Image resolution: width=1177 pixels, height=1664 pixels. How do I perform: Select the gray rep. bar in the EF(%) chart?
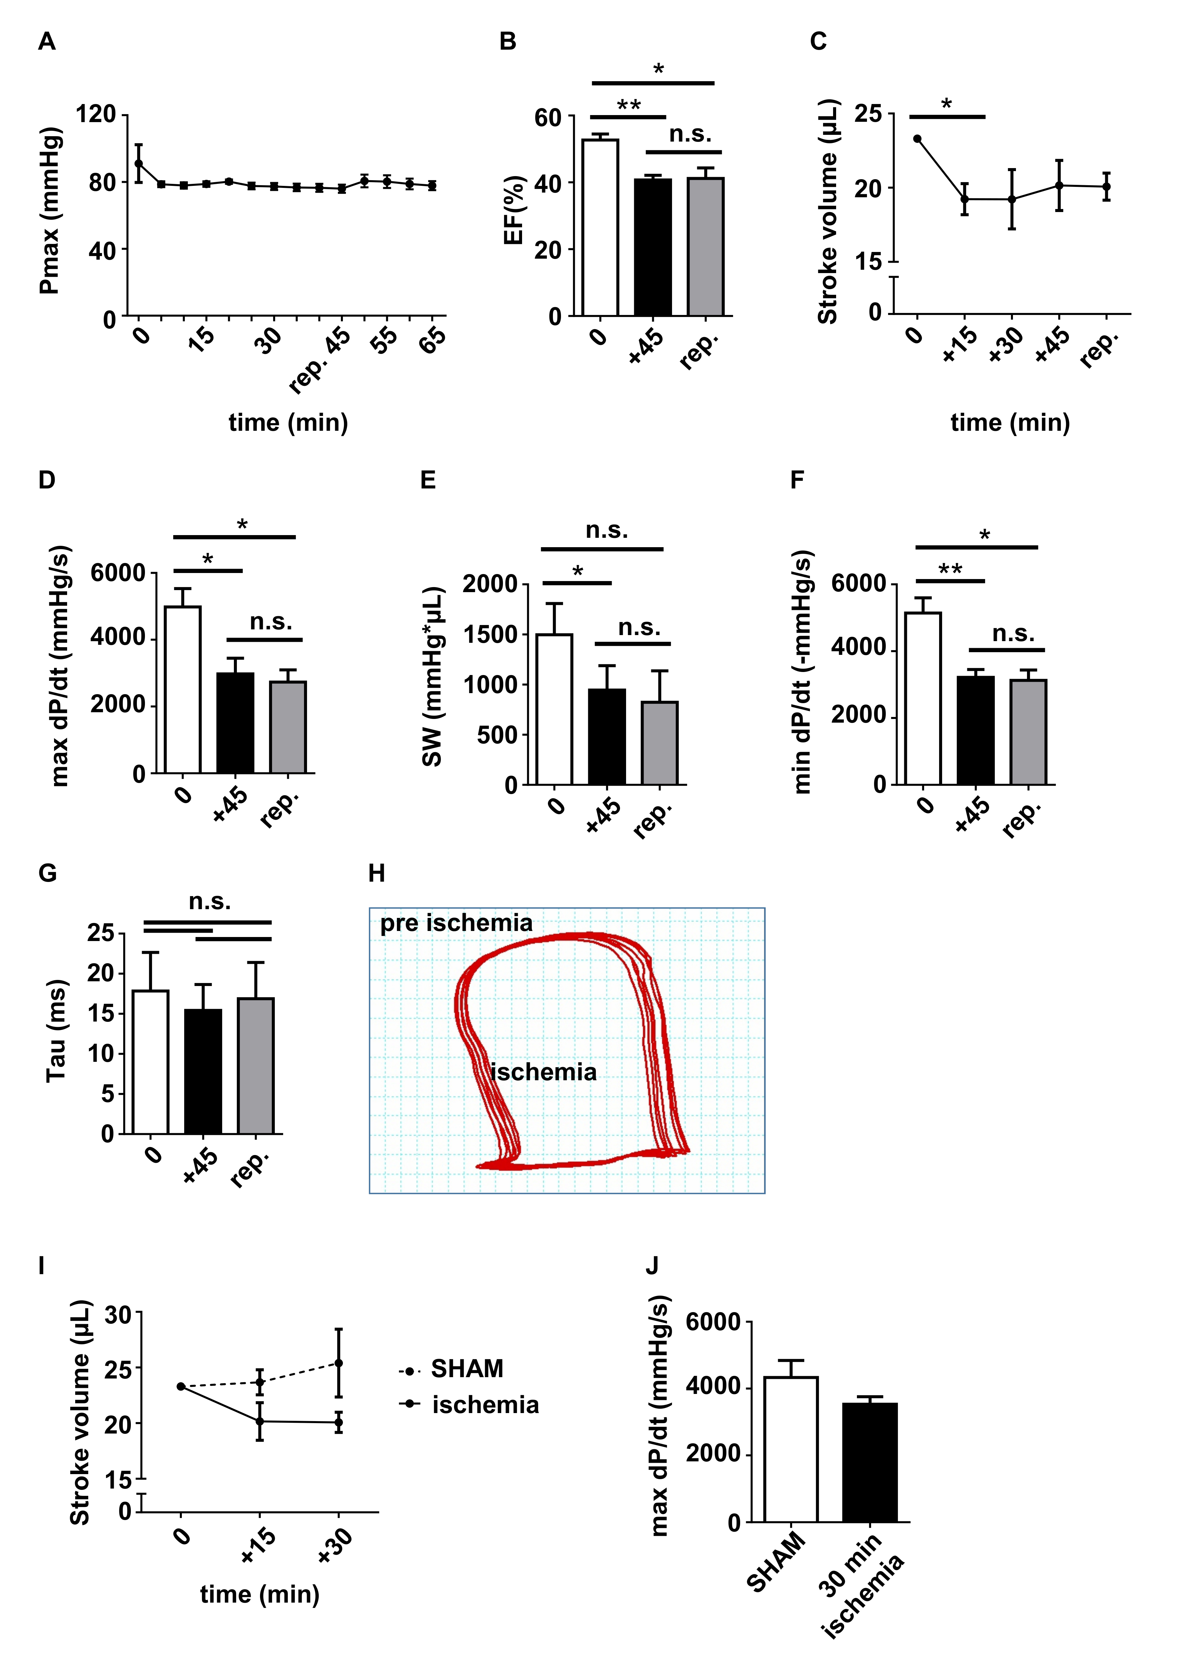705,246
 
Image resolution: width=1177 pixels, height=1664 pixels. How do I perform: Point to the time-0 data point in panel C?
918,139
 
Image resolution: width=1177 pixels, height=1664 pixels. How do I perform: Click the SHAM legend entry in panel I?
466,1369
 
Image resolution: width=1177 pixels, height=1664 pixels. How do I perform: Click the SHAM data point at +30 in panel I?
339,1363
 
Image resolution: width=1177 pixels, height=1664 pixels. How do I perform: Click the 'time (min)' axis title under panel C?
1010,422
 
